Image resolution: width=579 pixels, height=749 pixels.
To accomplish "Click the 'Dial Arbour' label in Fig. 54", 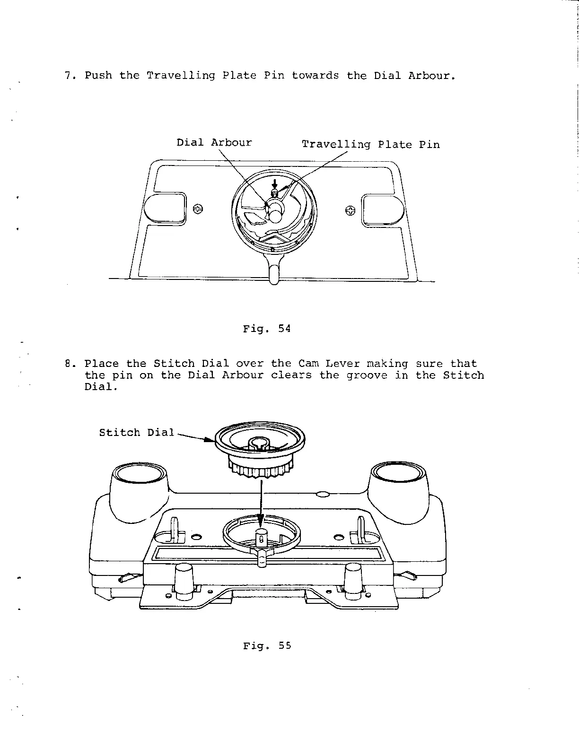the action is point(214,143).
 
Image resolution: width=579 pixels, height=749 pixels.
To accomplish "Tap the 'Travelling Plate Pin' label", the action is point(371,145).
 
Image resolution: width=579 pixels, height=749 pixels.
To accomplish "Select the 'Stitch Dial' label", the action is point(137,433).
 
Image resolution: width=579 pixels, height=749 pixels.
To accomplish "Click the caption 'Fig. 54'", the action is point(267,329).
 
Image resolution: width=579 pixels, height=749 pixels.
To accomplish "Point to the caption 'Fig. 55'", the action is point(267,646).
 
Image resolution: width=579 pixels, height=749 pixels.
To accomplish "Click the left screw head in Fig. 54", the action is point(199,209).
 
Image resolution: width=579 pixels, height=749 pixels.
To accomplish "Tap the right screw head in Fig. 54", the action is point(350,210).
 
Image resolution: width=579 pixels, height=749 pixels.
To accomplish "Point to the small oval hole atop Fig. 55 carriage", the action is point(322,494).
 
